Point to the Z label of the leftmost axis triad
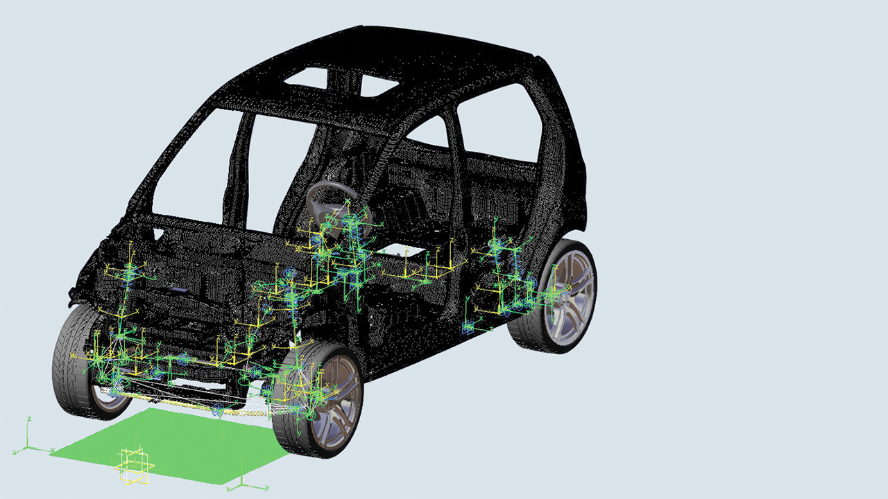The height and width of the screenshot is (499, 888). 29,419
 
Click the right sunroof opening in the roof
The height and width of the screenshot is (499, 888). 378,85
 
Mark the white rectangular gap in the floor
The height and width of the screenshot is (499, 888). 402,251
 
